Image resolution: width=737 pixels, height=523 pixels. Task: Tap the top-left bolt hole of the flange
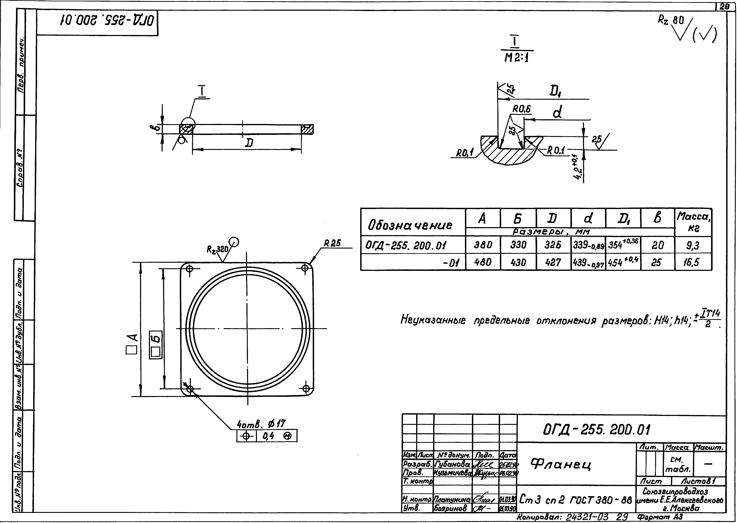[190, 268]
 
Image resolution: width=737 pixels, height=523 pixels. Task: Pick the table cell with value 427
[553, 262]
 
